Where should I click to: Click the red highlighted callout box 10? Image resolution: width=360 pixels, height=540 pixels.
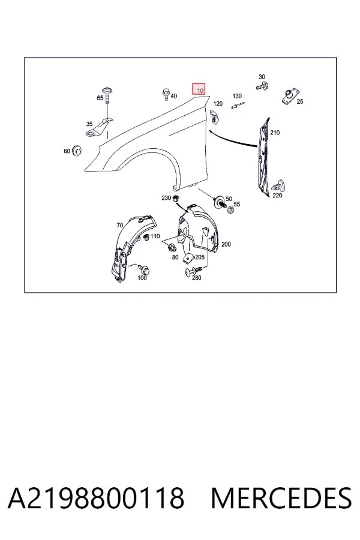click(199, 89)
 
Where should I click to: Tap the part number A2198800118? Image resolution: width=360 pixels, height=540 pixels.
click(96, 498)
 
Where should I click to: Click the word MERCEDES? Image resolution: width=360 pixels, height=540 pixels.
click(281, 498)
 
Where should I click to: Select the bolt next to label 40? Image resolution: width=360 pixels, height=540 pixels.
click(166, 94)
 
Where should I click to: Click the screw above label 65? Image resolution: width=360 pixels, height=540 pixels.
click(109, 94)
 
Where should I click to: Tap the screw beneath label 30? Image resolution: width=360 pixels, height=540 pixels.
click(263, 86)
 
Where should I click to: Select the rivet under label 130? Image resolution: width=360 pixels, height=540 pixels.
click(238, 105)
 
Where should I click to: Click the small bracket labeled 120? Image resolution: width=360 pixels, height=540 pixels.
click(215, 117)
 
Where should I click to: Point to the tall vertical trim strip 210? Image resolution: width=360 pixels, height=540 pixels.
click(263, 157)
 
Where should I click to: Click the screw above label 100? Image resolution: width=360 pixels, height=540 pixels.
click(142, 268)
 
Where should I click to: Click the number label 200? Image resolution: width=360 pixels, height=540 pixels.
click(226, 244)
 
